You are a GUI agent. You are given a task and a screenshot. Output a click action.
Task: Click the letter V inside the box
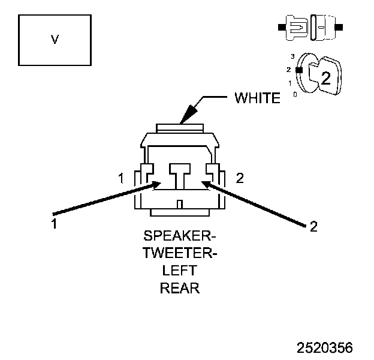point(55,40)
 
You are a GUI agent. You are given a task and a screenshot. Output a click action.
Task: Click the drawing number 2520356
point(325,347)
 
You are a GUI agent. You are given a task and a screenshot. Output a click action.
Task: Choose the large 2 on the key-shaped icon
point(325,77)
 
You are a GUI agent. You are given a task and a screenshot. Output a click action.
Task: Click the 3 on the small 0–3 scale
point(292,56)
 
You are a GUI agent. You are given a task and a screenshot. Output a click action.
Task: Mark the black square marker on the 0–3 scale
point(297,70)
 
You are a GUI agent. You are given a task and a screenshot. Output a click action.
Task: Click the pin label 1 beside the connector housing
point(121,178)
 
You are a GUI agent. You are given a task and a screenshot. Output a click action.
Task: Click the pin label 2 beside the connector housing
point(240,178)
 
